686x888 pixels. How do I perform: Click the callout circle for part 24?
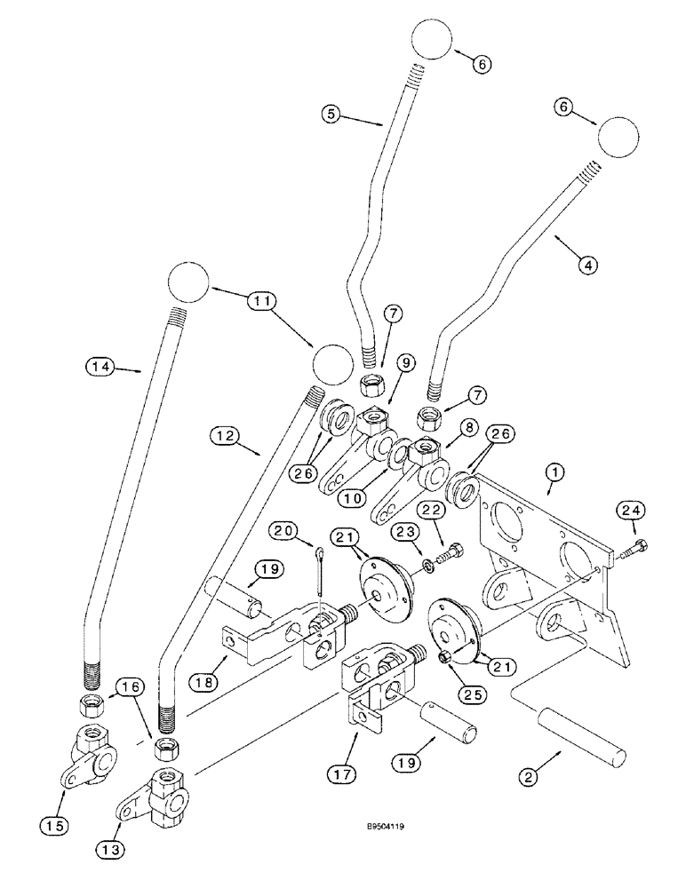(x=632, y=511)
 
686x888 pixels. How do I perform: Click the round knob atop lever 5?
(x=432, y=41)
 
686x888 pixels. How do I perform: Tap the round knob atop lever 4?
(x=618, y=138)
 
